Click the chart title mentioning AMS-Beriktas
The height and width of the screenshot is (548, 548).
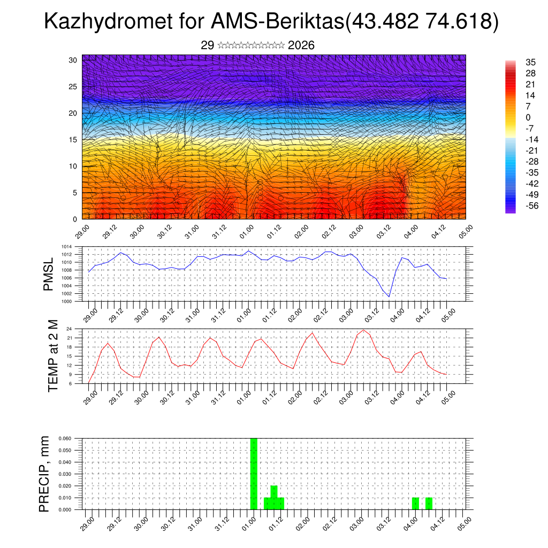pos(271,22)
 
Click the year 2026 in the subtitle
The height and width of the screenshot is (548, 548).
pos(301,45)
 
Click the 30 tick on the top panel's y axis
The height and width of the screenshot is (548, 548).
pos(73,60)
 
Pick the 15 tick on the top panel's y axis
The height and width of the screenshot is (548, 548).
pos(73,140)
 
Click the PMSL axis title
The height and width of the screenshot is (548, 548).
pos(48,275)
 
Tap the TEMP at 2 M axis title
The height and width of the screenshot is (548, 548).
pos(53,355)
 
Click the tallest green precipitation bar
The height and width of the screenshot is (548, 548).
pos(254,474)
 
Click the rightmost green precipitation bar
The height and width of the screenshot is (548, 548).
pos(429,504)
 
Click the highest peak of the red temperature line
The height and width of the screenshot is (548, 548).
pos(364,330)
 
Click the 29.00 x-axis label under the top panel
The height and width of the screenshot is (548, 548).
pos(82,231)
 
